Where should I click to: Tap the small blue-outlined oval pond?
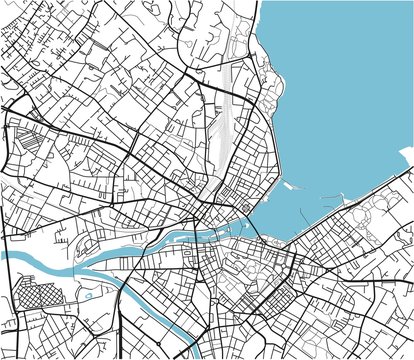click(88, 293)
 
